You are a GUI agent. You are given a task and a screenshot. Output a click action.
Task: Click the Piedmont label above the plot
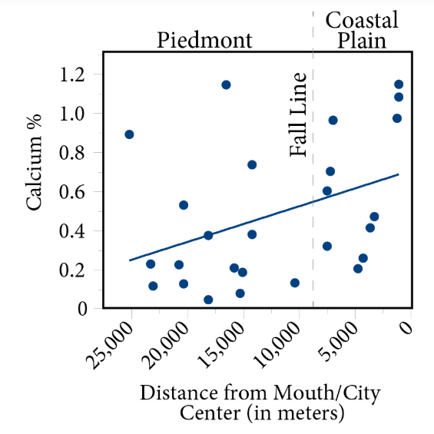[x=204, y=40]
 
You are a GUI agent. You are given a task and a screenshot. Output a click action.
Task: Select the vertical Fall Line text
[x=299, y=114]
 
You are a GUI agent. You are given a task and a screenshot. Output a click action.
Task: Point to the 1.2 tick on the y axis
[x=77, y=75]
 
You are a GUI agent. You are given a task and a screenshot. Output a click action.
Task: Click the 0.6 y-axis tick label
[x=77, y=192]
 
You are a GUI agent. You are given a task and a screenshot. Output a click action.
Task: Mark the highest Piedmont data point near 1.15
[x=226, y=84]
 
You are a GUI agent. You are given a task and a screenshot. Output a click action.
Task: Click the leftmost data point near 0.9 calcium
[x=129, y=134]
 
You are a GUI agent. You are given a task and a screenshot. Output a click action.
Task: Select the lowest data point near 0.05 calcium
[x=208, y=300]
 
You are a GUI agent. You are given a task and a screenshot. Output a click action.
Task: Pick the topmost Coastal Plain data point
[x=399, y=84]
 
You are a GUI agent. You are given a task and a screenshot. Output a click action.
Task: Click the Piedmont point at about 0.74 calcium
[x=252, y=164]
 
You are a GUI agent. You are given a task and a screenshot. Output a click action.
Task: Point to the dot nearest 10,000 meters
[x=295, y=283]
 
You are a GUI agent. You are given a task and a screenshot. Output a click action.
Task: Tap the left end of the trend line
[x=130, y=260]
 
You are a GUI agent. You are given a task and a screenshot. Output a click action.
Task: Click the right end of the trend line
[x=399, y=174]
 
